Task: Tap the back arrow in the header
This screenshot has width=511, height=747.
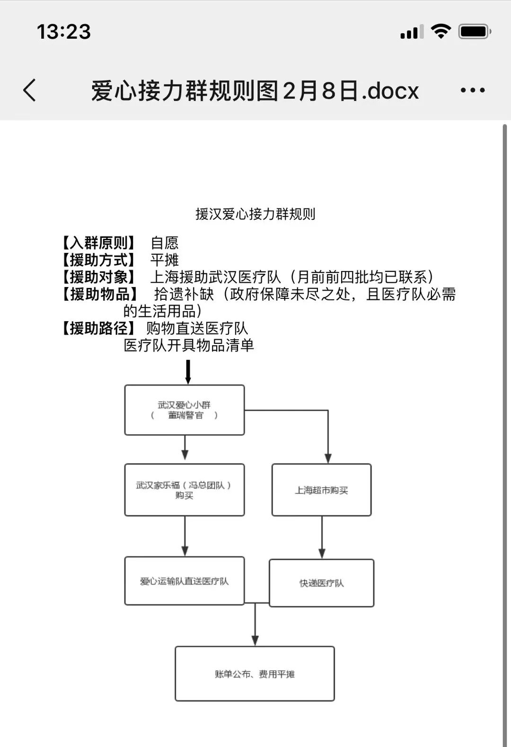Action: coord(30,90)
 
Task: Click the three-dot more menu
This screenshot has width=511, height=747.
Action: coord(472,90)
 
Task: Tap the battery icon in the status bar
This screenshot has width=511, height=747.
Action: coord(475,32)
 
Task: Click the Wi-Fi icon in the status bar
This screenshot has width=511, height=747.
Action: coord(441,32)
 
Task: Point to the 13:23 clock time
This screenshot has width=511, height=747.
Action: coord(64,32)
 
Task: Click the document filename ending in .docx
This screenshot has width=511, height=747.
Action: coord(255,90)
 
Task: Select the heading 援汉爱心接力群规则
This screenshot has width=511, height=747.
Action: coord(255,214)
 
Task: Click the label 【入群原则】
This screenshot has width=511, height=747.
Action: coord(98,243)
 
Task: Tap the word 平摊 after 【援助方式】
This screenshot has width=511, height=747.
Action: coord(165,260)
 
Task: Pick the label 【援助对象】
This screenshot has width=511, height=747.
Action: coord(98,277)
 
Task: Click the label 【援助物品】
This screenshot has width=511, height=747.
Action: coord(99,294)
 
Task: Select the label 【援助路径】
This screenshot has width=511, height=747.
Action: coord(98,328)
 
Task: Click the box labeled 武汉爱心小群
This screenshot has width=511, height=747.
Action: coord(185,410)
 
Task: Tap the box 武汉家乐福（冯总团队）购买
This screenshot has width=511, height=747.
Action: coord(185,490)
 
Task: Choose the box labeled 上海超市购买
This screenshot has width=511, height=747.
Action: coord(321,490)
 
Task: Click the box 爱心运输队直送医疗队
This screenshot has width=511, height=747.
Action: coord(185,581)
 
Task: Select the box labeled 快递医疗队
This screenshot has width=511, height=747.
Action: coord(321,583)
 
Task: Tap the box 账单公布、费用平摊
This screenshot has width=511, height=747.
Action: coord(255,674)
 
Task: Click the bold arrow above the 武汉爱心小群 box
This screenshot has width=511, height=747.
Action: coord(188,372)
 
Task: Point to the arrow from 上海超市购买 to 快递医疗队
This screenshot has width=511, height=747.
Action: coord(322,537)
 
